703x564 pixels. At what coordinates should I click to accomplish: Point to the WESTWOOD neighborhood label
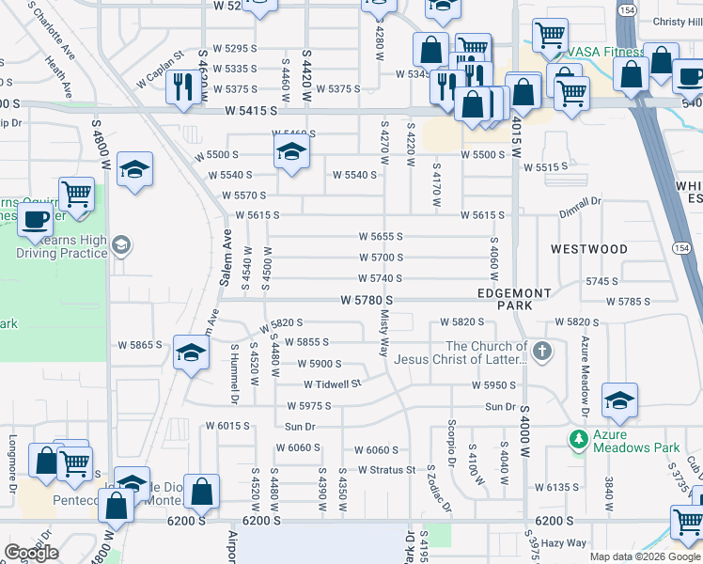[588, 249]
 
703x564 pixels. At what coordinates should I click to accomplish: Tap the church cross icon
[540, 352]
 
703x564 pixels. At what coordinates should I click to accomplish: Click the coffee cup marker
[36, 220]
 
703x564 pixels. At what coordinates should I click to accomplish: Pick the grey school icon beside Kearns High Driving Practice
[120, 246]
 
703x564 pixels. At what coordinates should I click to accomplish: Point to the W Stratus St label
[385, 470]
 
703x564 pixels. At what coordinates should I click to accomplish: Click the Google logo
[31, 553]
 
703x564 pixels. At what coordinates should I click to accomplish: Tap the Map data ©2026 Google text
[644, 556]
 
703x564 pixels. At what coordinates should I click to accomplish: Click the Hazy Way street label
[564, 543]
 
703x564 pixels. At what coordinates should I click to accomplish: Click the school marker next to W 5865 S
[191, 353]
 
